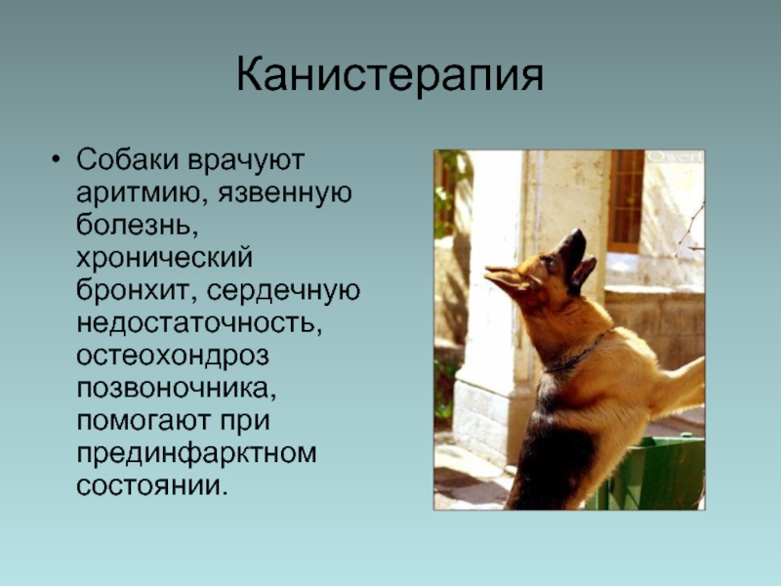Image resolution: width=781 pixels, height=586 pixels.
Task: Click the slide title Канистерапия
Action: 390,76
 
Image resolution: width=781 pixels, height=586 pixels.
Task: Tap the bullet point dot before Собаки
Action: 56,159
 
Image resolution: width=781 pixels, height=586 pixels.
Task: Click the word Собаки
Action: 128,159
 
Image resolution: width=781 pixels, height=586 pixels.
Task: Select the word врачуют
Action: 246,160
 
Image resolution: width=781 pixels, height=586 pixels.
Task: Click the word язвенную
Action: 285,193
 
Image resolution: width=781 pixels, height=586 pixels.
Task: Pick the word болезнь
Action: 134,226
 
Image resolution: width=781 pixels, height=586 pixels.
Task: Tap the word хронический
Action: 164,258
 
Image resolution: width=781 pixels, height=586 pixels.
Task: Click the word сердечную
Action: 283,291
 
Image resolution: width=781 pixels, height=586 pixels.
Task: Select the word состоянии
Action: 152,485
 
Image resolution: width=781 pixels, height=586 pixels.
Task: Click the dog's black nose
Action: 578,234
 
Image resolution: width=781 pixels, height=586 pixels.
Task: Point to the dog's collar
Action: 579,353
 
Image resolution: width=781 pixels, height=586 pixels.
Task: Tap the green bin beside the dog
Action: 647,473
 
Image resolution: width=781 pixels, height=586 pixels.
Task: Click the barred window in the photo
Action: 626,200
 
